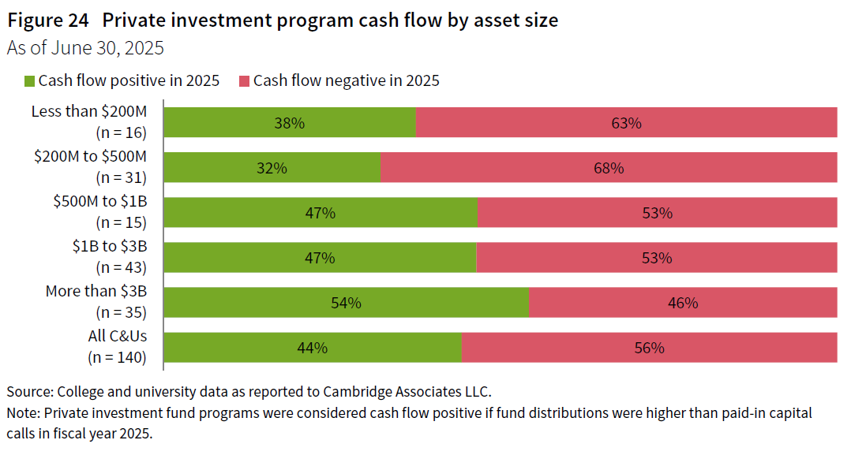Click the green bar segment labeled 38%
(x=290, y=123)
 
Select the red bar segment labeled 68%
(x=609, y=168)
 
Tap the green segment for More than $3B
(x=346, y=303)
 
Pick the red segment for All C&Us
(x=649, y=348)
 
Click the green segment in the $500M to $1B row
(x=321, y=213)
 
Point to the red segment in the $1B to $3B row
(x=656, y=258)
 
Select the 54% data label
(x=346, y=303)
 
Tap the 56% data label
(x=649, y=348)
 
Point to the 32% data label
(x=272, y=168)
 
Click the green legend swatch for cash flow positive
(x=30, y=80)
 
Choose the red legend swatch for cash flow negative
(x=244, y=80)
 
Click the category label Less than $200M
(x=89, y=111)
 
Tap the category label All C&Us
(x=118, y=337)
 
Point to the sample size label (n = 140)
(x=117, y=357)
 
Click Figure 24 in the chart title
(x=48, y=21)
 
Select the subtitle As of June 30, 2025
(x=85, y=48)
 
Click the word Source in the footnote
(x=28, y=392)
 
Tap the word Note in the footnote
(x=22, y=413)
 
